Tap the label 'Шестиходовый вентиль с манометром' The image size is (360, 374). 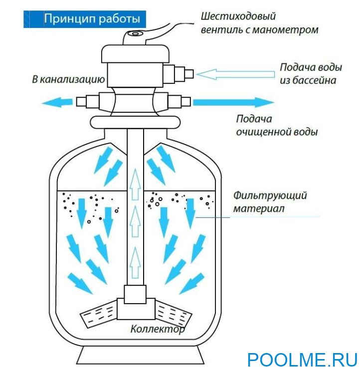point(259,23)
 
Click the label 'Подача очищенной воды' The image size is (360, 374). point(277,126)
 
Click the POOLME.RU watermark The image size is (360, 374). point(302,360)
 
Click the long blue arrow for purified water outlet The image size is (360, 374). point(233,102)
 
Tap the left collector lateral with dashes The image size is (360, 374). point(99,314)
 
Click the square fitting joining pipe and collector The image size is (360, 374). point(135,295)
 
